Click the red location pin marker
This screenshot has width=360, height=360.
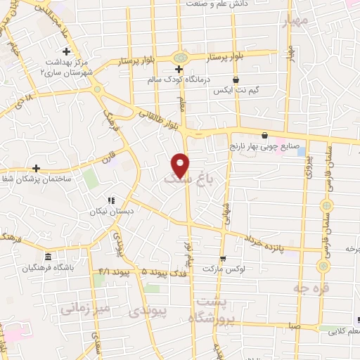click(181, 165)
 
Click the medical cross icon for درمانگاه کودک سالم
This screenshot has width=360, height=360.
click(179, 69)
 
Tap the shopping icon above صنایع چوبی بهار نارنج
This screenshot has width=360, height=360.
click(264, 136)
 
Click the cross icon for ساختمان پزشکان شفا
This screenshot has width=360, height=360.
click(35, 168)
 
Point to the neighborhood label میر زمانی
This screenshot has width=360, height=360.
click(84, 308)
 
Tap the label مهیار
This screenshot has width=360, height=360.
click(295, 21)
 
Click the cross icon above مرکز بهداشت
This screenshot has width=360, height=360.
click(67, 51)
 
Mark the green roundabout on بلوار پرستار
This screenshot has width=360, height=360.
click(181, 58)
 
